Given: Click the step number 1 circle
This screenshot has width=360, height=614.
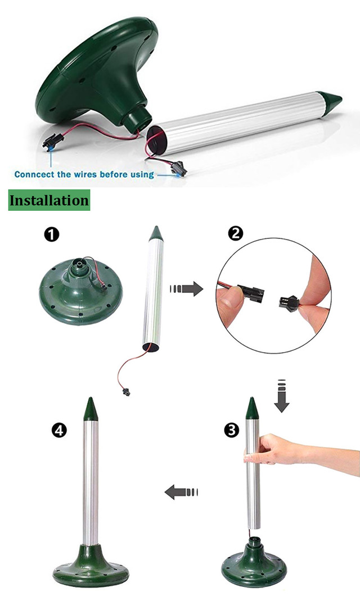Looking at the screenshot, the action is [52, 236].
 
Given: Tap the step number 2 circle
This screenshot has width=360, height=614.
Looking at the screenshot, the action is [236, 234].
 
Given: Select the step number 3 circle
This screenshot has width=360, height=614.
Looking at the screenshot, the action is [232, 430].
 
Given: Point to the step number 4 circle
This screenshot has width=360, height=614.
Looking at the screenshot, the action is [58, 431].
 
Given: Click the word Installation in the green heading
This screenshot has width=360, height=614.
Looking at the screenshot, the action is [49, 200].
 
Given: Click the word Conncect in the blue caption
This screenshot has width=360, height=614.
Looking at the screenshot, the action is [34, 174].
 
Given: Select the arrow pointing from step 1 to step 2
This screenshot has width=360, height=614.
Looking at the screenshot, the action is [186, 290].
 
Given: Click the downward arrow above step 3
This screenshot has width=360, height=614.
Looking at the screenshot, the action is [282, 395].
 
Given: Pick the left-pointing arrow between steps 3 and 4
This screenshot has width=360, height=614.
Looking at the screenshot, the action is [181, 491].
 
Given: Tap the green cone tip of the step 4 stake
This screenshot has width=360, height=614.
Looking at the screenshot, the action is [91, 409].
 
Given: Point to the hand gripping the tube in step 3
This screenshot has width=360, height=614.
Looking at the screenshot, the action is [274, 450].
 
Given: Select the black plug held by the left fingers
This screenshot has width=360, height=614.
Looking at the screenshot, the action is [253, 293].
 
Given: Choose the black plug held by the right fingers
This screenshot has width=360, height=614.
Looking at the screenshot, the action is [288, 301].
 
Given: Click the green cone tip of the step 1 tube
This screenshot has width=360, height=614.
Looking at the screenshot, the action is [155, 233].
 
